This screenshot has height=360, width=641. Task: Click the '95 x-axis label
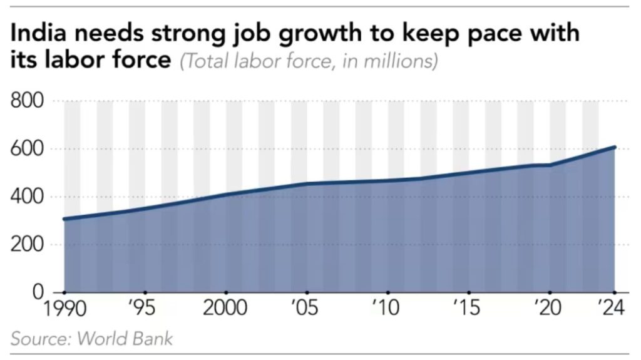click(145, 309)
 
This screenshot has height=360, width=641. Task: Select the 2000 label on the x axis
click(226, 309)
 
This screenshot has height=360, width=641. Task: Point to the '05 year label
click(307, 309)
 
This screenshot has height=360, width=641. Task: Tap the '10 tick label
click(388, 309)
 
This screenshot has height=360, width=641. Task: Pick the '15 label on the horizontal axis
click(469, 309)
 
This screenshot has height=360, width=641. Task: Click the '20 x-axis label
click(550, 309)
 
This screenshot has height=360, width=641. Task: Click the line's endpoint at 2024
click(615, 148)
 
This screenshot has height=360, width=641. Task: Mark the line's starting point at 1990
click(64, 219)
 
